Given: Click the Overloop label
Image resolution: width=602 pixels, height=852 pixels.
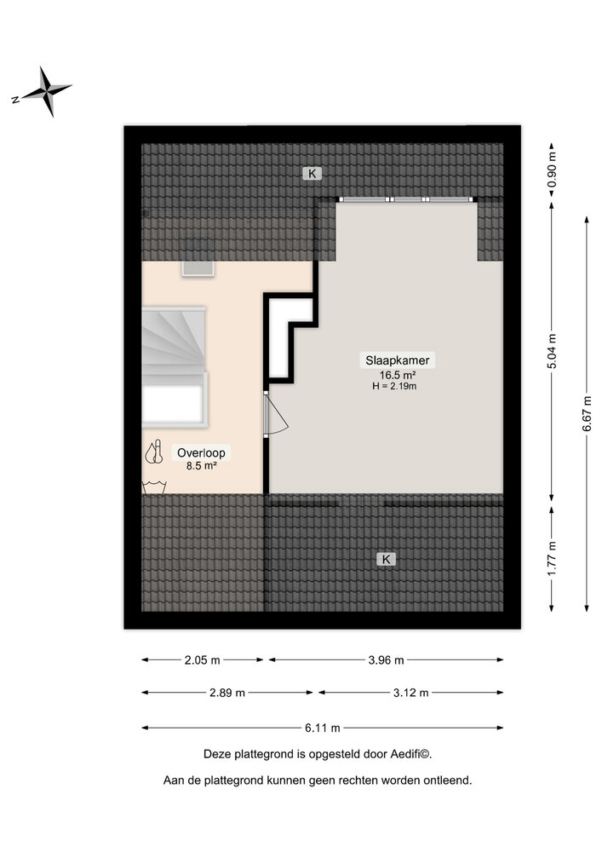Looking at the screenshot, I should coord(201,452).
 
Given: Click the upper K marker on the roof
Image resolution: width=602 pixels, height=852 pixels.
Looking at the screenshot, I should coord(312,174).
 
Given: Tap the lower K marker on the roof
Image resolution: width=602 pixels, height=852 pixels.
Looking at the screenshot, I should coord(386,559).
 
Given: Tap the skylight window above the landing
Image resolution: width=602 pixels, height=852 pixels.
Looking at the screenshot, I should coord(199,268).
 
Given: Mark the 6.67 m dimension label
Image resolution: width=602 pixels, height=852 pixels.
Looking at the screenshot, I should coord(587,413).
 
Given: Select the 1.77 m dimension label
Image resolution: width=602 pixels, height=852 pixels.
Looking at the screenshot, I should coord(552,558).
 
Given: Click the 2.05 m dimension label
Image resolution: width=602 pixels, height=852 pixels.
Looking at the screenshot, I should coord(203,659).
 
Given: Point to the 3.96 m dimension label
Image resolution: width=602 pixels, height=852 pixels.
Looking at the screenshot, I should coord(386,659).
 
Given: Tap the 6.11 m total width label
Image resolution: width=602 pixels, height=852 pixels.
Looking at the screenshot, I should coord(322,728).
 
